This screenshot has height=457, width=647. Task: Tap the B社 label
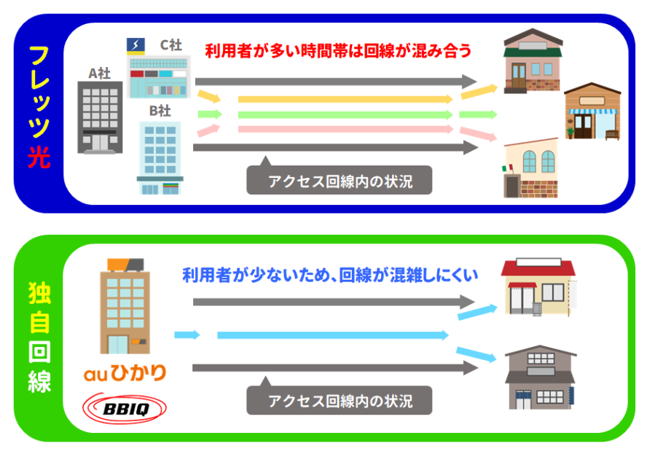click(160, 111)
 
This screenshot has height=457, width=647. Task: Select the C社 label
click(171, 45)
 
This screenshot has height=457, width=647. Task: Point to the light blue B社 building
click(160, 157)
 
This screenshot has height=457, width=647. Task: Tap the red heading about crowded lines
click(338, 52)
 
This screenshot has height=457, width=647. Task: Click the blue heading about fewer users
click(329, 276)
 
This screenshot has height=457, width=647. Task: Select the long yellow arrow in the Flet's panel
click(346, 98)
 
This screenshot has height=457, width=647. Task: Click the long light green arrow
click(346, 114)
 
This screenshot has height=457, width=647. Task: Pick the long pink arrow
click(346, 130)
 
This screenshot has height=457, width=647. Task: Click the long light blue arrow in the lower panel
click(332, 335)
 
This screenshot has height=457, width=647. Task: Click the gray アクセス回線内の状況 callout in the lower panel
click(339, 400)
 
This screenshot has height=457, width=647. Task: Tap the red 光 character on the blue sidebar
click(39, 157)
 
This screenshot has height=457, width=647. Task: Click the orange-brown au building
click(125, 306)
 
